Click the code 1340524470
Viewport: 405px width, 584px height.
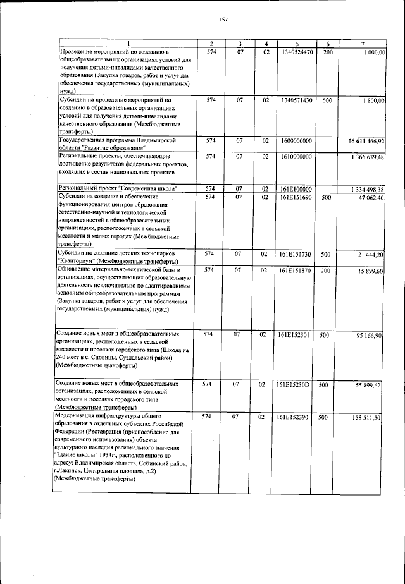click(296, 52)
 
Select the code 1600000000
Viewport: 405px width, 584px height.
click(296, 140)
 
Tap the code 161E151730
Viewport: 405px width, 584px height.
click(296, 254)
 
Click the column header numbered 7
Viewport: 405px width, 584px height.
click(362, 43)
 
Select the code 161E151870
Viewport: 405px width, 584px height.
click(296, 271)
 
